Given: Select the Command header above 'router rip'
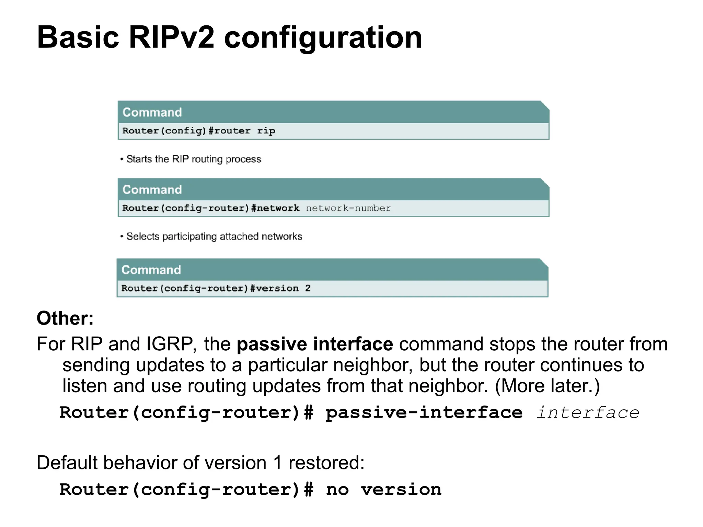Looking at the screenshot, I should pyautogui.click(x=152, y=112).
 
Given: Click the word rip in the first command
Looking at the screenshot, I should pyautogui.click(x=266, y=131).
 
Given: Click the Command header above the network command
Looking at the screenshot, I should pyautogui.click(x=152, y=190).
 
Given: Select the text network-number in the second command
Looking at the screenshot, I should pyautogui.click(x=348, y=208).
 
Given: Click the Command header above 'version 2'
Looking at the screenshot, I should pyautogui.click(x=151, y=270).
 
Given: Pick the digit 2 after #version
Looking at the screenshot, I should pyautogui.click(x=308, y=288).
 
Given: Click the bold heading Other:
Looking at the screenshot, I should pyautogui.click(x=65, y=318).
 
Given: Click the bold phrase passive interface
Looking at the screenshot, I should pyautogui.click(x=315, y=344).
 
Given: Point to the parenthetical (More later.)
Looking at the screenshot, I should pyautogui.click(x=547, y=386).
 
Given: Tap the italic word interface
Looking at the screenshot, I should pyautogui.click(x=588, y=412).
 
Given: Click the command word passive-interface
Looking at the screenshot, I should pyautogui.click(x=424, y=412).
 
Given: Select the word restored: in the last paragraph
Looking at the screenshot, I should pyautogui.click(x=326, y=462).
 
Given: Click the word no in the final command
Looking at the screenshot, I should pyautogui.click(x=337, y=490).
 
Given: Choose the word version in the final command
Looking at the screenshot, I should pyautogui.click(x=401, y=490).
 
